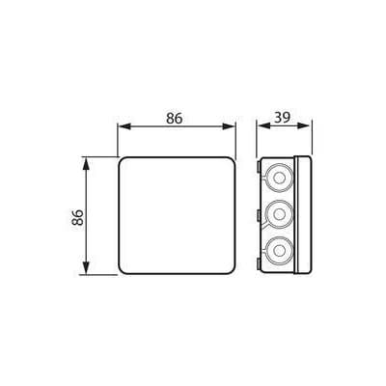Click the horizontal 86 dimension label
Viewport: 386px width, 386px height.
pos(175,119)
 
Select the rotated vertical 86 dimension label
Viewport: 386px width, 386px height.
pos(77,217)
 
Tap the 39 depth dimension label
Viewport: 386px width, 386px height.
pos(282,118)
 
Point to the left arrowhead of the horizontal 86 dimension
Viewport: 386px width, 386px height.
pos(124,126)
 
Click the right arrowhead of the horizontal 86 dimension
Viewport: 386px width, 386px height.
pos(229,126)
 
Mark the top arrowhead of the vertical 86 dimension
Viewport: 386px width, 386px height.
pos(86,164)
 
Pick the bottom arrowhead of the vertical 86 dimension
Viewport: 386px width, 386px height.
pos(86,268)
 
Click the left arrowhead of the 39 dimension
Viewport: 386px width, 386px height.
pos(263,125)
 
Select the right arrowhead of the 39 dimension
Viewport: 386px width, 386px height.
pos(305,125)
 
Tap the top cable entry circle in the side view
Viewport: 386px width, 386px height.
pos(279,178)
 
